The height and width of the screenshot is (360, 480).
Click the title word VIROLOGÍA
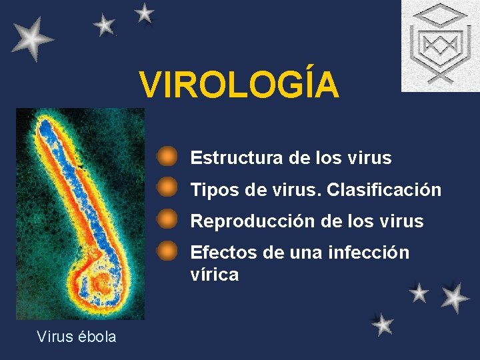tap(239, 85)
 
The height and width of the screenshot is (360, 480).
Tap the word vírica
tap(214, 275)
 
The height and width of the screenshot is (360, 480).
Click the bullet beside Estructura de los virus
tap(167, 157)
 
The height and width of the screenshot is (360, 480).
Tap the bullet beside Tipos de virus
tap(167, 188)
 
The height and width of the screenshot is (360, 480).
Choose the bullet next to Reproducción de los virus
tap(167, 219)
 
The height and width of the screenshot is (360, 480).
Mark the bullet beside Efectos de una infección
tap(167, 251)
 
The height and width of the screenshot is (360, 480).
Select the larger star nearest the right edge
tap(455, 297)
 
